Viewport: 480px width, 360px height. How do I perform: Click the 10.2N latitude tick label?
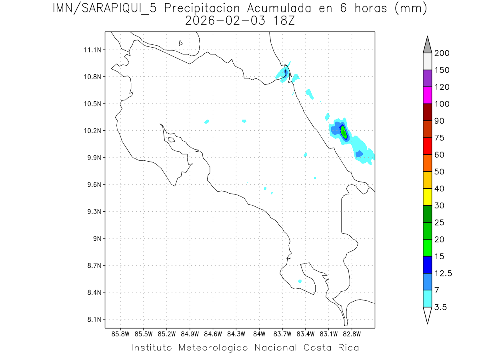tap(92, 131)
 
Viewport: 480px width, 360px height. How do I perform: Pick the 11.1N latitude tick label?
tap(92, 50)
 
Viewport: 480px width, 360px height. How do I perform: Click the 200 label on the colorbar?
tap(442, 53)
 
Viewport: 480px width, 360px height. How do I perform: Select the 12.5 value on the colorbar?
tap(444, 273)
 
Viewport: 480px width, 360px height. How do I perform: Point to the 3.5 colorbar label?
tap(440, 307)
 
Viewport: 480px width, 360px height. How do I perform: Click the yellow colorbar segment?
tap(427, 197)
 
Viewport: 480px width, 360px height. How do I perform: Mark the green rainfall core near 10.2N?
tap(344, 132)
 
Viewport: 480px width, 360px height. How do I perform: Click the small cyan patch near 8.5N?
tap(300, 281)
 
